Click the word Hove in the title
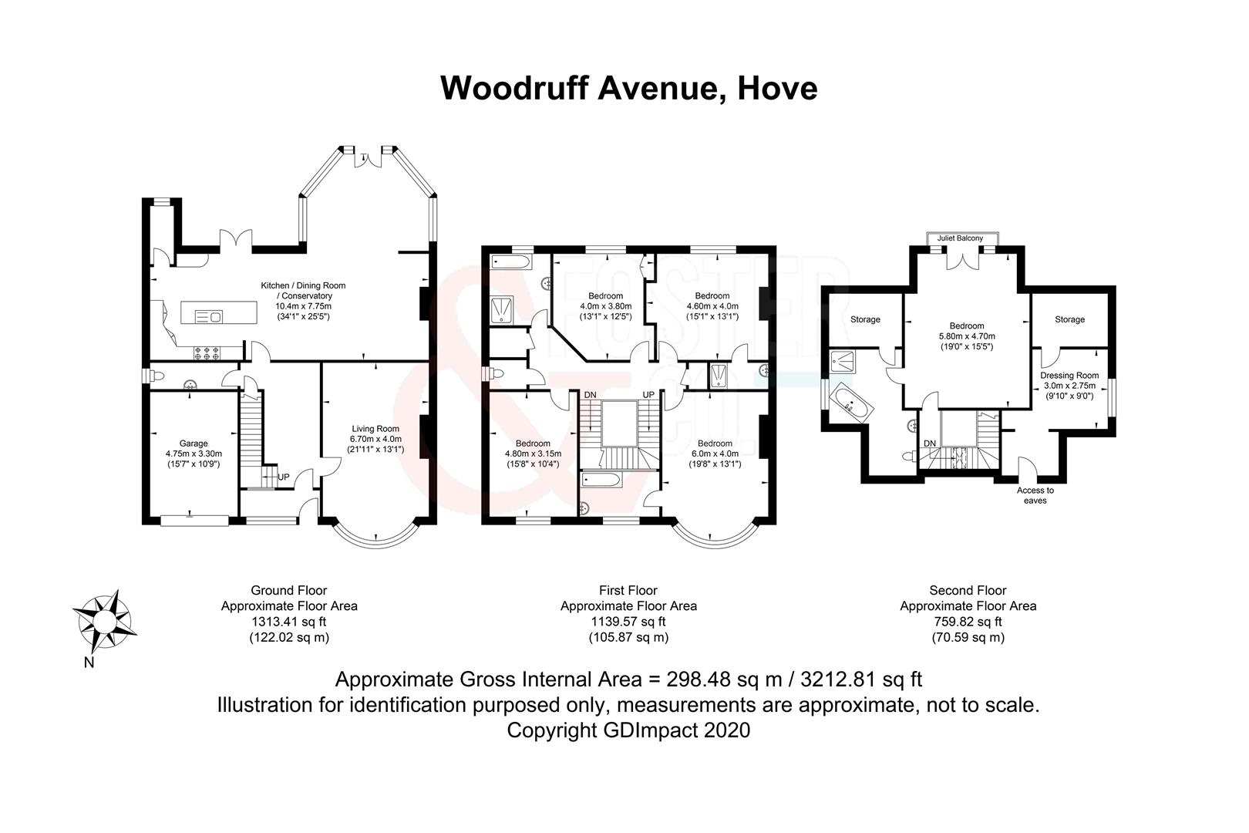776,88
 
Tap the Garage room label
194,443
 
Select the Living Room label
375,429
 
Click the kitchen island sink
209,315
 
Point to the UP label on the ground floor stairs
284,477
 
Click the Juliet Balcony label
960,238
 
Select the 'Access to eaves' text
1035,495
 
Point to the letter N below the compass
89,663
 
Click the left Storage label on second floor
865,319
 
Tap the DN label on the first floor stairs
590,395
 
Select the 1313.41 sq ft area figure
289,622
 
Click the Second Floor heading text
968,591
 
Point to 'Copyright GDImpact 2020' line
628,730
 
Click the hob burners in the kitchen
208,353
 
